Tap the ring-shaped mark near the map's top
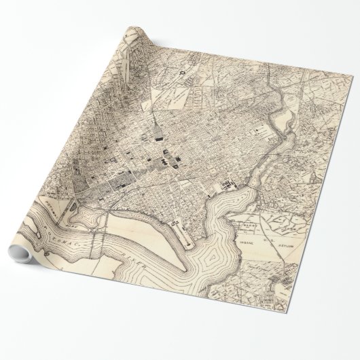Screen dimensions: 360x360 pos(182,69)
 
